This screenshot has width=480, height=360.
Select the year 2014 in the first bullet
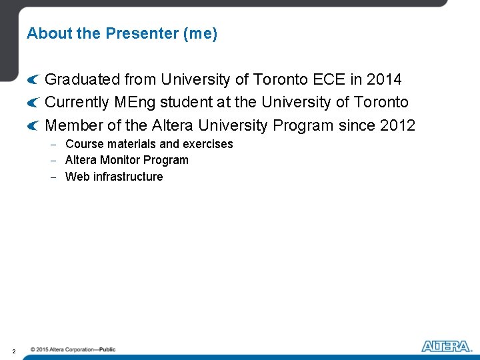[385, 80]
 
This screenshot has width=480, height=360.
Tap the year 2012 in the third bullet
[398, 125]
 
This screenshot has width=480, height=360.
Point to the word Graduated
[83, 80]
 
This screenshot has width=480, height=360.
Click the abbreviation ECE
[328, 80]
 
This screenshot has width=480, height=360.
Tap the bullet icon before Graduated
[33, 81]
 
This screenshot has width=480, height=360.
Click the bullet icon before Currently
[33, 103]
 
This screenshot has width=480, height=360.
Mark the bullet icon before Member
[33, 126]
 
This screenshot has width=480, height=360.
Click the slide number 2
[13, 350]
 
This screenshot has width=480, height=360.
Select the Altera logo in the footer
[447, 346]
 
